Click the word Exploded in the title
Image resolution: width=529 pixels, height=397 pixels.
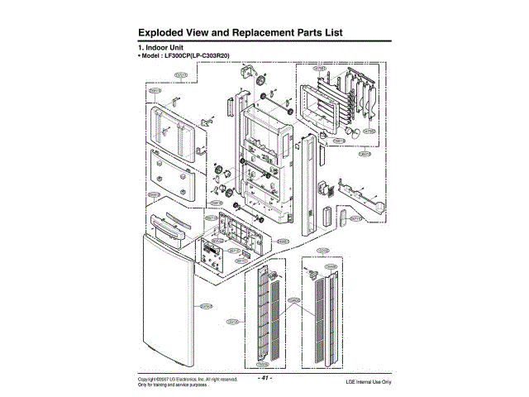point(166,32)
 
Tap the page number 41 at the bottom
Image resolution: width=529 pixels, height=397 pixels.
point(265,379)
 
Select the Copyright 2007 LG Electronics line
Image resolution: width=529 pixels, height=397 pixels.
point(188,379)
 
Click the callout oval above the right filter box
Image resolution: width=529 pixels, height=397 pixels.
point(322,250)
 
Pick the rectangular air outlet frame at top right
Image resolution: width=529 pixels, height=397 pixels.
point(330,107)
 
